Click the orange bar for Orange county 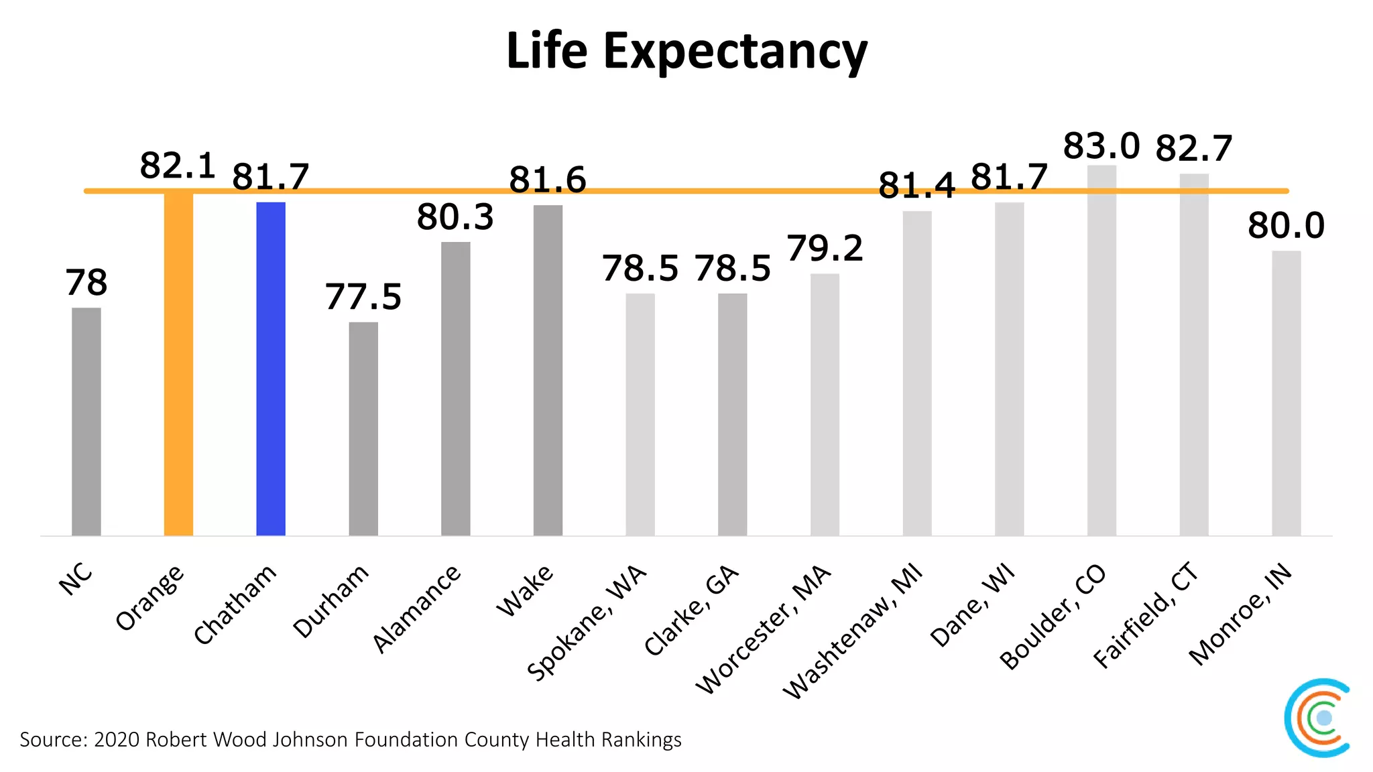(x=178, y=365)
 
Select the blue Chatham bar (x=271, y=369)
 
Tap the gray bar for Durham (x=363, y=429)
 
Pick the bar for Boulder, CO (x=1101, y=352)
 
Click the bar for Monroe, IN (x=1286, y=394)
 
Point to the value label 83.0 (x=1101, y=146)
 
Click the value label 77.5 (x=363, y=297)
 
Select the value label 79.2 (x=825, y=249)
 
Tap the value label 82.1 (x=178, y=166)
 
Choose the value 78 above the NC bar (x=86, y=283)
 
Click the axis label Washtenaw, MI (x=853, y=631)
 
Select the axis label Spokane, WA (x=587, y=623)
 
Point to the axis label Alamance (x=416, y=608)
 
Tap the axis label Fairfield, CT (x=1145, y=615)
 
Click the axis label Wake (x=525, y=590)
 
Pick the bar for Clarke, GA (x=732, y=414)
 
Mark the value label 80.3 (x=455, y=217)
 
